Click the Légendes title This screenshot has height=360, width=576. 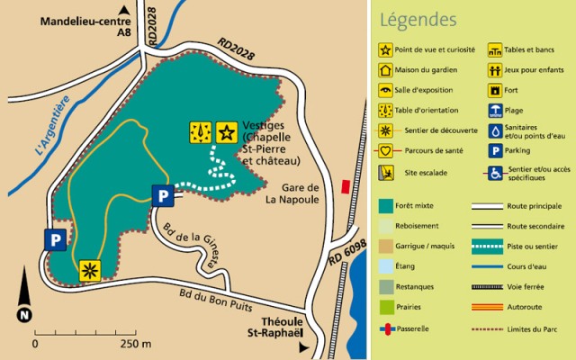[x=418, y=19]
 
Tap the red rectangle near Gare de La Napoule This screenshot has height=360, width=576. [x=346, y=185]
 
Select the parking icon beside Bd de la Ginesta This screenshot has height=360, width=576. [x=162, y=195]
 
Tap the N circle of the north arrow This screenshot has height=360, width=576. [x=23, y=315]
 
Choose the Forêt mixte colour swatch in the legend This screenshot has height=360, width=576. [x=386, y=206]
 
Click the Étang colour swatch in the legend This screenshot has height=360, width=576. [x=386, y=266]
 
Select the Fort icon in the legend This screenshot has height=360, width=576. [x=494, y=90]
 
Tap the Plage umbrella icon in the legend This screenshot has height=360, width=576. [x=494, y=111]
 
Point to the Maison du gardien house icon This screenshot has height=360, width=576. [x=386, y=69]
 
